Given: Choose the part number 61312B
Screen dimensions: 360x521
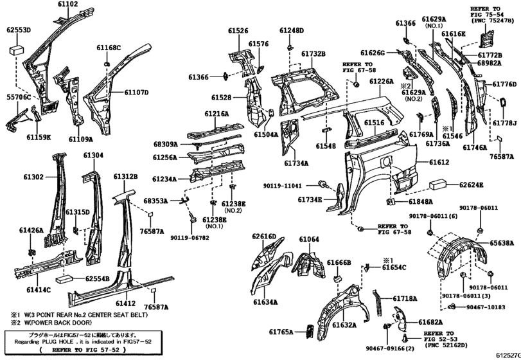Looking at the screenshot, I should pyautogui.click(x=126, y=177).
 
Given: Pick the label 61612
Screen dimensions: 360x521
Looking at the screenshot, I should pyautogui.click(x=439, y=163).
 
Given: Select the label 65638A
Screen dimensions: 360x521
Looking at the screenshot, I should pyautogui.click(x=502, y=244).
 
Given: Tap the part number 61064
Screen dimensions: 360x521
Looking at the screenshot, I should pyautogui.click(x=308, y=239).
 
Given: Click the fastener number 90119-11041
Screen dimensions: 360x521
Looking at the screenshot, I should pyautogui.click(x=302, y=186).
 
